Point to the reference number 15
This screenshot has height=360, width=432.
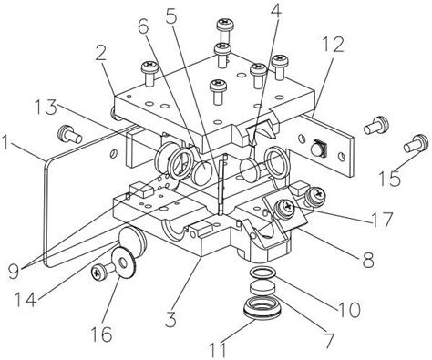(390, 179)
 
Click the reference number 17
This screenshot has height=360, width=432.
(381, 220)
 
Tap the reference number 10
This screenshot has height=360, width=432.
(349, 310)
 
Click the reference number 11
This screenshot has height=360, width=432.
(218, 350)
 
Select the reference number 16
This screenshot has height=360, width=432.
(102, 334)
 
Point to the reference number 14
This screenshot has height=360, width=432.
(26, 299)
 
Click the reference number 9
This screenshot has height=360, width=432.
(14, 271)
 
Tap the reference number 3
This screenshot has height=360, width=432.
(170, 319)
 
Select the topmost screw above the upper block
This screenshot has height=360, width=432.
(225, 29)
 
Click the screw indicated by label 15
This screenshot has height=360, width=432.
(414, 143)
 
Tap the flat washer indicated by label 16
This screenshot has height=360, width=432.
(123, 262)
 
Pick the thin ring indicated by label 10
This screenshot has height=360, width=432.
(263, 273)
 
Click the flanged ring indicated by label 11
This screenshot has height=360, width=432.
(262, 309)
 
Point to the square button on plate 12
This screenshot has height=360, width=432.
(319, 148)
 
